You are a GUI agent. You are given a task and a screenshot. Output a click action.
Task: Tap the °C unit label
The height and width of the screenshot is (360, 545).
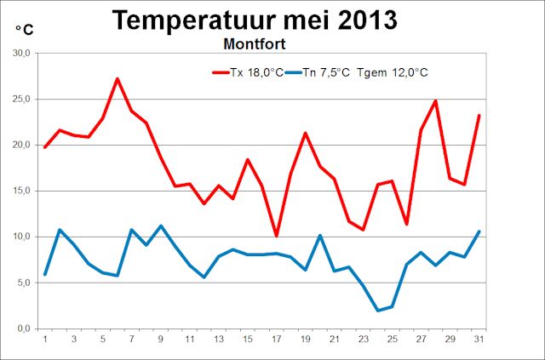[x=24, y=31]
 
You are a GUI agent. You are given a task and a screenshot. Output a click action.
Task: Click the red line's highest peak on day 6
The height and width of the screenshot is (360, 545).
[x=118, y=79]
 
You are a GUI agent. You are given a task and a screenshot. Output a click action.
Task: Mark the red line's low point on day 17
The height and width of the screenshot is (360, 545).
[x=277, y=236]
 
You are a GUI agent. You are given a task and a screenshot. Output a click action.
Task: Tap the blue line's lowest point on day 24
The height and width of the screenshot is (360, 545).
[x=377, y=311]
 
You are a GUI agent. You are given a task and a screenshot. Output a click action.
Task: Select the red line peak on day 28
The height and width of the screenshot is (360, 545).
[x=435, y=100]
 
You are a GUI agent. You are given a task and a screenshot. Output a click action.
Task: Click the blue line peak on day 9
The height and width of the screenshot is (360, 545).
[x=161, y=226]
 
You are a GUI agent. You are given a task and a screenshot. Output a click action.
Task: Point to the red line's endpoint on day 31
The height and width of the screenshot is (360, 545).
[x=479, y=115]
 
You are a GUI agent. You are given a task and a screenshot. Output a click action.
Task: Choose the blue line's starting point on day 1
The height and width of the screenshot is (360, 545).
[x=45, y=274]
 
